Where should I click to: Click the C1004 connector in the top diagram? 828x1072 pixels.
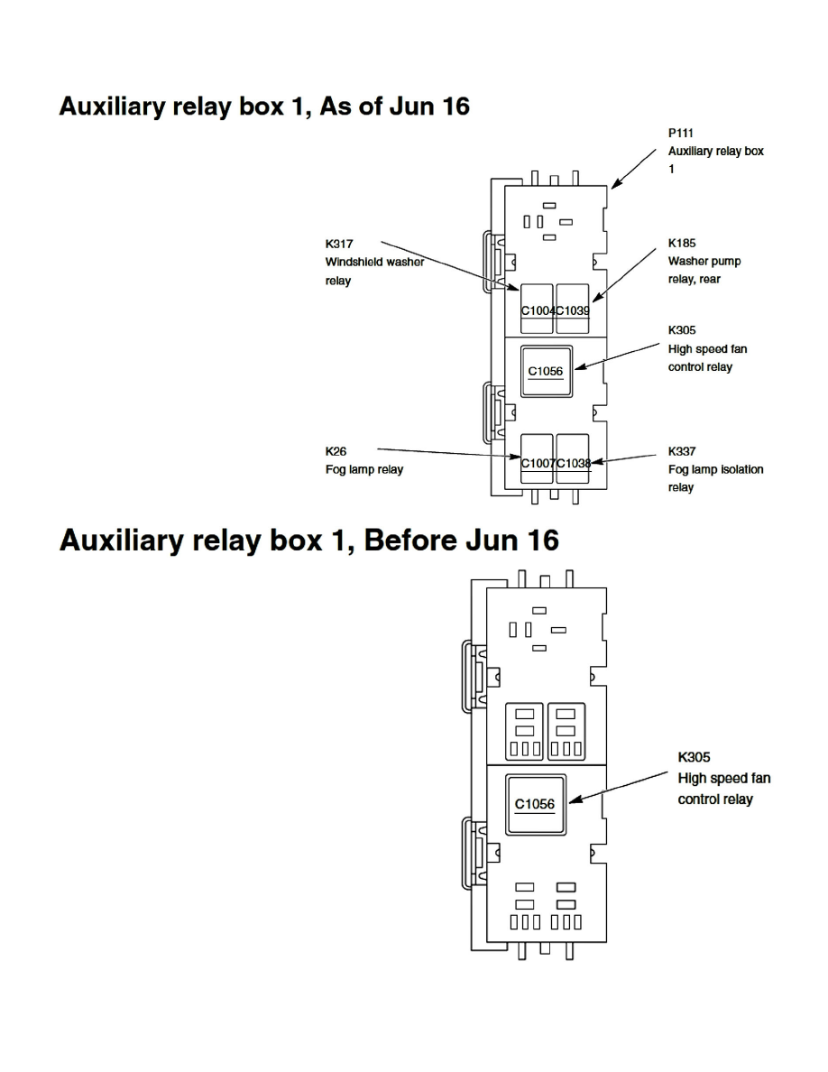coord(538,310)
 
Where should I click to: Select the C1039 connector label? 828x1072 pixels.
coord(573,310)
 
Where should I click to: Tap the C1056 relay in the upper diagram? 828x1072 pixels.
coord(546,371)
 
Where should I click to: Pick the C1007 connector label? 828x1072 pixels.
coord(538,463)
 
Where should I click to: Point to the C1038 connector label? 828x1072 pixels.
coord(573,463)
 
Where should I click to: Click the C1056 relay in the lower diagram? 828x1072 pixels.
coord(535,804)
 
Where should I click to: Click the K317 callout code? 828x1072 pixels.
coord(339,244)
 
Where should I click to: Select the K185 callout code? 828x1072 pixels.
coord(682,244)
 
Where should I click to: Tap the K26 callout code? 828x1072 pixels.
coord(336,450)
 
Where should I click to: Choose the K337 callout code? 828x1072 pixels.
coord(682,450)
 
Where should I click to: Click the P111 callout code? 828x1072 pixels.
coord(681,133)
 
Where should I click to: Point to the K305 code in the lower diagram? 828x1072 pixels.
coord(694,757)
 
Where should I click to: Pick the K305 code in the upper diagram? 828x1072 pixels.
coord(682,330)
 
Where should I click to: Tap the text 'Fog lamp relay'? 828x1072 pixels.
coord(364,469)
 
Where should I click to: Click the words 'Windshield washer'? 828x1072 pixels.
coord(374,262)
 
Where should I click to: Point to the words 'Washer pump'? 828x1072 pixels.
coord(704,262)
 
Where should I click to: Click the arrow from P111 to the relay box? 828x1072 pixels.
coord(634,169)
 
